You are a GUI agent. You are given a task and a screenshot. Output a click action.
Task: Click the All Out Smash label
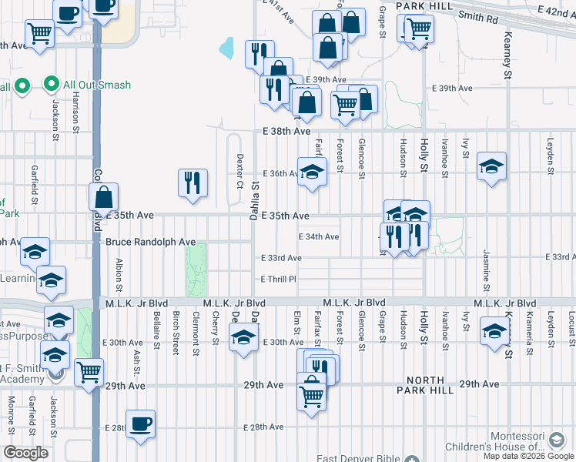(x=97, y=85)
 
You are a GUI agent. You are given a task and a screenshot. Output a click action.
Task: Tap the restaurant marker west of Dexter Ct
(x=193, y=183)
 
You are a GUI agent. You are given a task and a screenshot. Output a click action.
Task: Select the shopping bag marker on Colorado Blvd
(x=103, y=198)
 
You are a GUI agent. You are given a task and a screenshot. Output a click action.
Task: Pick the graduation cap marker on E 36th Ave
(x=312, y=172)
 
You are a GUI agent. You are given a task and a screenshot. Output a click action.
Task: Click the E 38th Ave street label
(x=286, y=132)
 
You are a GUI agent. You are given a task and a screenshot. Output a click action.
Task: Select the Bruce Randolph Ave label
(x=151, y=242)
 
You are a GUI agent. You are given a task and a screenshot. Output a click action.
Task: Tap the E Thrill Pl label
(x=278, y=279)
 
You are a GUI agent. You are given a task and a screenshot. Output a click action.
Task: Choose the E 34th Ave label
(x=320, y=236)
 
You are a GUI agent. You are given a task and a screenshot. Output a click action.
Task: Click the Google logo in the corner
(x=25, y=453)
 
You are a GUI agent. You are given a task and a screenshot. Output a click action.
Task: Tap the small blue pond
(x=226, y=49)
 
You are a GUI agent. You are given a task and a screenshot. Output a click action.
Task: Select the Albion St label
(x=119, y=269)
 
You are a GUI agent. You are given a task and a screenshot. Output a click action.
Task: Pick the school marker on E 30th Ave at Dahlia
(x=244, y=337)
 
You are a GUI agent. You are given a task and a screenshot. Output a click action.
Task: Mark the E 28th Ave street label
(x=264, y=427)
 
